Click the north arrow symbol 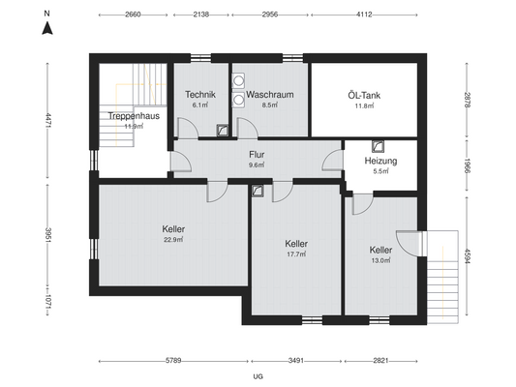pos(47,28)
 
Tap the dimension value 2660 pos(133,15)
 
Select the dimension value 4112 pos(364,15)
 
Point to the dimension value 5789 pos(173,361)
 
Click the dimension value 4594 pos(467,256)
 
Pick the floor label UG pos(258,376)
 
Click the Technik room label pos(200,95)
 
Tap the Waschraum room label pos(270,95)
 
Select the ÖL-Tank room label pos(364,96)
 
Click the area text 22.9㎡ pos(173,240)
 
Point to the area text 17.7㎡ pos(296,254)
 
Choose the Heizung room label pos(380,161)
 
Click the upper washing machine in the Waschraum pos(238,80)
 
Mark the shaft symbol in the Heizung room pos(378,147)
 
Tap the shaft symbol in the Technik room pos(223,131)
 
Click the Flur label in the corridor pos(257,155)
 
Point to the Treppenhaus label pos(134,116)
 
